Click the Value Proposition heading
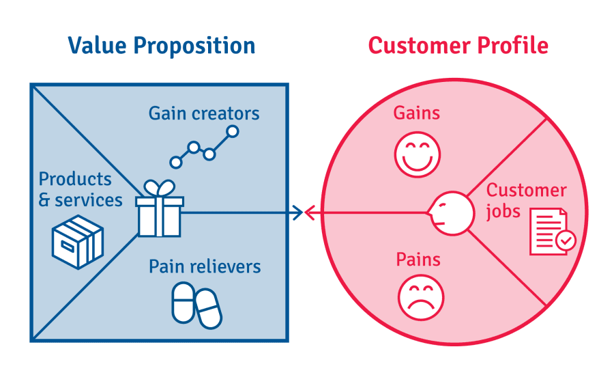pyautogui.click(x=161, y=46)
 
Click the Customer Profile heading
pyautogui.click(x=458, y=46)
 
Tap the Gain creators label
pyautogui.click(x=204, y=113)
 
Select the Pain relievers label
pyautogui.click(x=205, y=266)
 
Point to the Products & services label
pyautogui.click(x=81, y=189)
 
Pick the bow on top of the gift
pyautogui.click(x=159, y=188)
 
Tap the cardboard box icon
pyautogui.click(x=78, y=242)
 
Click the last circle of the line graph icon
pyautogui.click(x=233, y=131)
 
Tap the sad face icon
pyautogui.click(x=421, y=297)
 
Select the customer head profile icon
pyautogui.click(x=451, y=212)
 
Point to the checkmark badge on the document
pyautogui.click(x=566, y=240)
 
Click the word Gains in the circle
pyautogui.click(x=417, y=113)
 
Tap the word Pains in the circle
pyautogui.click(x=418, y=260)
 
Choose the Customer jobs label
pyautogui.click(x=525, y=201)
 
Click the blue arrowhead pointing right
pyautogui.click(x=297, y=213)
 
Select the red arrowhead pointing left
pyautogui.click(x=309, y=213)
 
